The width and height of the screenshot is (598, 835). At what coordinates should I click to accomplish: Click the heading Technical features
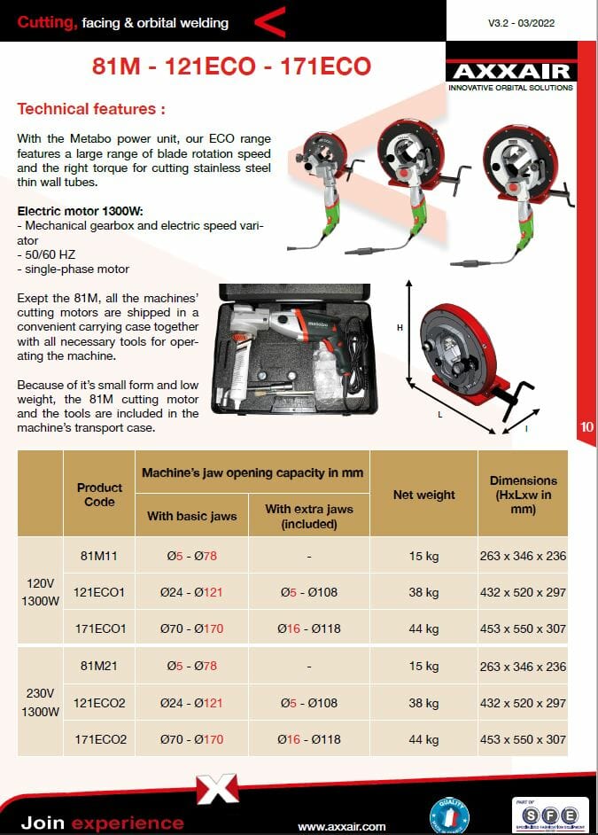tap(91, 110)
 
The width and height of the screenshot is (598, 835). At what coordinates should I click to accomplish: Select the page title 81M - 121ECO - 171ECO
tap(232, 66)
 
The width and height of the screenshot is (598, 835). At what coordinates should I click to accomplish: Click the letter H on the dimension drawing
tap(400, 328)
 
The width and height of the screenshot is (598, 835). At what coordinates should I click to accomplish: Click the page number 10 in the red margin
tap(586, 426)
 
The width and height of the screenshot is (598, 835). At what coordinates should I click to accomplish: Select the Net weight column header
tap(423, 495)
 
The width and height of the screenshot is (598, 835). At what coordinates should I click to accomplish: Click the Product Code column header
tap(99, 495)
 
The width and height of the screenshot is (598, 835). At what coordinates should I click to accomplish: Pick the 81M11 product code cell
tap(99, 556)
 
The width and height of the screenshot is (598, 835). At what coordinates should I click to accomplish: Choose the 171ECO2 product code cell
tap(99, 739)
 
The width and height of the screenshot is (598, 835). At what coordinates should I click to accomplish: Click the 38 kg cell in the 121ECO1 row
tap(423, 592)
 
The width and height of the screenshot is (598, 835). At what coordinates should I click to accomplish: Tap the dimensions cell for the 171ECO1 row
tap(522, 629)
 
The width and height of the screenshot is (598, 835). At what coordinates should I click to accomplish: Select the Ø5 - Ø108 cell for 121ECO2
tap(307, 703)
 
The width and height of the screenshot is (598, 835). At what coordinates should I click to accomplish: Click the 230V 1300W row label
tap(40, 703)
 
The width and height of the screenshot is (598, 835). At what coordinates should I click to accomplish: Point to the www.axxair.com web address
tap(342, 826)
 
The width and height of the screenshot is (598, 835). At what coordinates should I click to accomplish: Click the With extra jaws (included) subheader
tap(308, 516)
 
